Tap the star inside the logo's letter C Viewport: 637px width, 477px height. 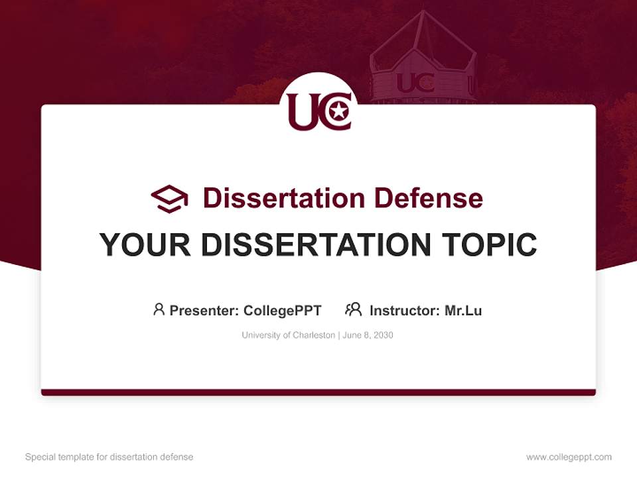point(338,111)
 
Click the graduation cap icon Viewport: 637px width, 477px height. point(169,198)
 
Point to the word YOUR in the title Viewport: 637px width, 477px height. point(145,245)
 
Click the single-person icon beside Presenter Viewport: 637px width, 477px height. point(159,309)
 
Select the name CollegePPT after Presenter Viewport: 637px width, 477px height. point(283,311)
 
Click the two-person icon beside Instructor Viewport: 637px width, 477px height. point(354,309)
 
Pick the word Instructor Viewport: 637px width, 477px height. point(404,311)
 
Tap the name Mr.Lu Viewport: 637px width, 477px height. point(463,311)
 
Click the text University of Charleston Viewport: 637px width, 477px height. point(288,335)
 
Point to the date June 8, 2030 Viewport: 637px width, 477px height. point(368,335)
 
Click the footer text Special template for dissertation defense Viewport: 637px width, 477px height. point(109,457)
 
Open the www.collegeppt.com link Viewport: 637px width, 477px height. point(569,457)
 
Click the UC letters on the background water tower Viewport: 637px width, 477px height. point(415,83)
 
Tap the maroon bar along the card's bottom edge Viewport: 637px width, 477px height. point(318,392)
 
